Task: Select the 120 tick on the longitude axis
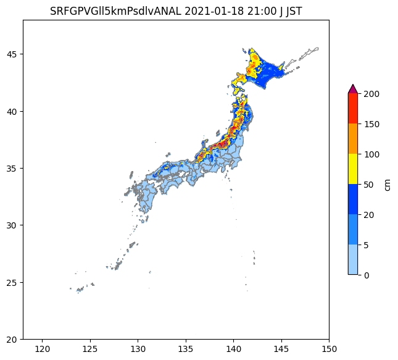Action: pyautogui.click(x=42, y=350)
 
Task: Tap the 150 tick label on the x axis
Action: pyautogui.click(x=329, y=350)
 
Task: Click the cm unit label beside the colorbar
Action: pyautogui.click(x=387, y=184)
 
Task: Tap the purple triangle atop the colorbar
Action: pyautogui.click(x=353, y=89)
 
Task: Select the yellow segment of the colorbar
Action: pyautogui.click(x=353, y=169)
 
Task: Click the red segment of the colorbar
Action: pyautogui.click(x=353, y=109)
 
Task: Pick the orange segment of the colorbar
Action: pyautogui.click(x=353, y=139)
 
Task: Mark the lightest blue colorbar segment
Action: pyautogui.click(x=353, y=259)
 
